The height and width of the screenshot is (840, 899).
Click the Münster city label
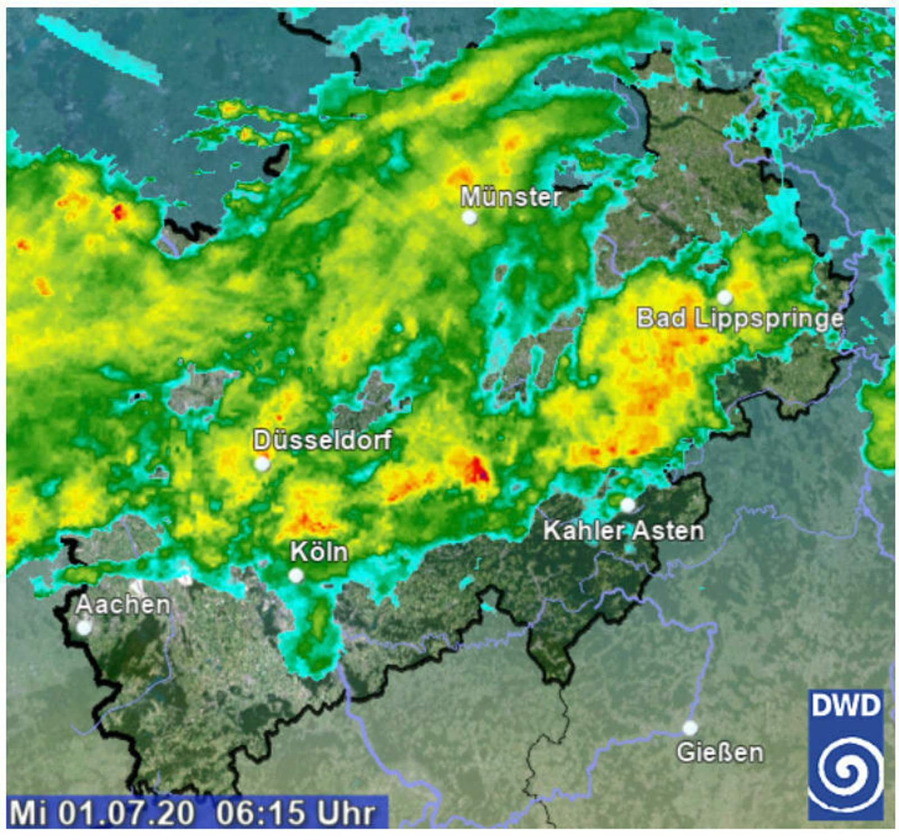(510, 197)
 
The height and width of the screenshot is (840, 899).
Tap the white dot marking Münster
(469, 217)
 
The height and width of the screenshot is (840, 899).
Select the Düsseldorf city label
(322, 440)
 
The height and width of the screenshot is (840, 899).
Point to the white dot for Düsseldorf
(262, 464)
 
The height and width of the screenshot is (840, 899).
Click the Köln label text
(319, 552)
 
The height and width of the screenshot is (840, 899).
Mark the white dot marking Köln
(296, 576)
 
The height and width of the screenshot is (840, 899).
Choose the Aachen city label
(122, 605)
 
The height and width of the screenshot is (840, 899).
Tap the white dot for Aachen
(84, 627)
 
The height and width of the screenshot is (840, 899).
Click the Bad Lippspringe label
(739, 319)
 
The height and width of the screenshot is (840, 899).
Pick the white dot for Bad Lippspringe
(725, 297)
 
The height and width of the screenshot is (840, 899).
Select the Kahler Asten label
(623, 531)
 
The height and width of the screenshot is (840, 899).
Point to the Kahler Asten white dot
(628, 505)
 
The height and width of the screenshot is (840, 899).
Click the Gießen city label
(720, 752)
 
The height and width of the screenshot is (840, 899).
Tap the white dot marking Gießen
(690, 728)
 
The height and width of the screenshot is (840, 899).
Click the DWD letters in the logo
(846, 706)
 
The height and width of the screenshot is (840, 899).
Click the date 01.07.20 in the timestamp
(126, 813)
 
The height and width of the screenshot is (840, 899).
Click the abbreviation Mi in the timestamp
(28, 813)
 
